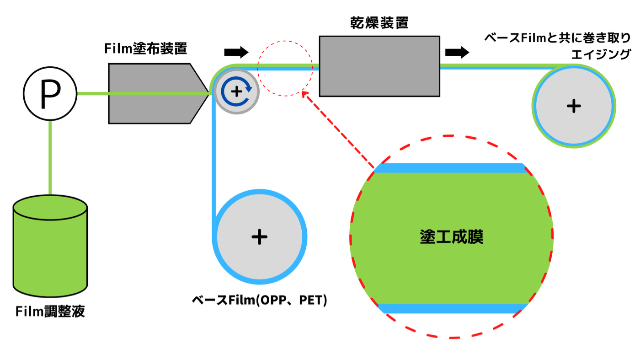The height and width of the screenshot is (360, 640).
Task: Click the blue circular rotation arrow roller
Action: point(236,91)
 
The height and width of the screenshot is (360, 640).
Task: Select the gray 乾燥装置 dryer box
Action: point(379,66)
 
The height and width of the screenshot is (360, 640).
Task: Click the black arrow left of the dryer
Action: point(236,51)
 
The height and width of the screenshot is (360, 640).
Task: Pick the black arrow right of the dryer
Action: point(457,52)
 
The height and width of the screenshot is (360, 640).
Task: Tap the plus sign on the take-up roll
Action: point(574,106)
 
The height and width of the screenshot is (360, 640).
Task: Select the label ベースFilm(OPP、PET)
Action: point(259,301)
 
